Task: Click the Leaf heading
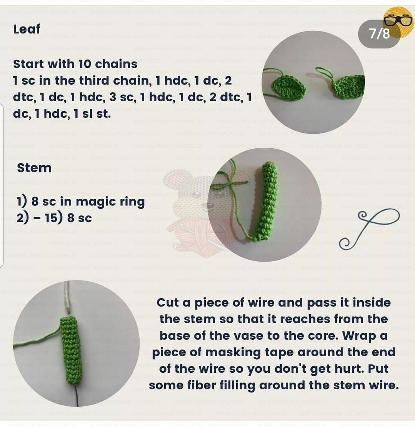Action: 27,29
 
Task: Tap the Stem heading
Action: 34,168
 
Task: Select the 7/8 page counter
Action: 379,34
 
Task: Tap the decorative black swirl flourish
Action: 369,229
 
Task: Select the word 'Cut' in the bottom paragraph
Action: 168,303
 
